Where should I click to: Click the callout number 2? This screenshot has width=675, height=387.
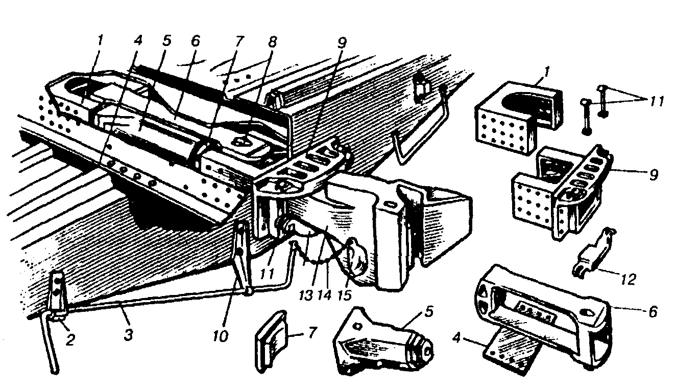click(70, 340)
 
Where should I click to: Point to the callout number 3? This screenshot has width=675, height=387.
click(129, 334)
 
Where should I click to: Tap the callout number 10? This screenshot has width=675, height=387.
click(221, 336)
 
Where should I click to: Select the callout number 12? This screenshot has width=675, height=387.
click(629, 279)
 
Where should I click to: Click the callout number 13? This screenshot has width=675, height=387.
click(306, 295)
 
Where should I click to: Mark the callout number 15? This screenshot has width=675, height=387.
click(345, 295)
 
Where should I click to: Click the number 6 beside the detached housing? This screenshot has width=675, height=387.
click(653, 311)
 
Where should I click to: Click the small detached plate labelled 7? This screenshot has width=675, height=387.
click(272, 343)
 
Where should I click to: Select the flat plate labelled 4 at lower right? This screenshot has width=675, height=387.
click(512, 353)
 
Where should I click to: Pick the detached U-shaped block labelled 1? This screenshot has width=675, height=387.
click(518, 118)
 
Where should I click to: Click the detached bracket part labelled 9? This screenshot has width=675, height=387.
click(561, 193)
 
